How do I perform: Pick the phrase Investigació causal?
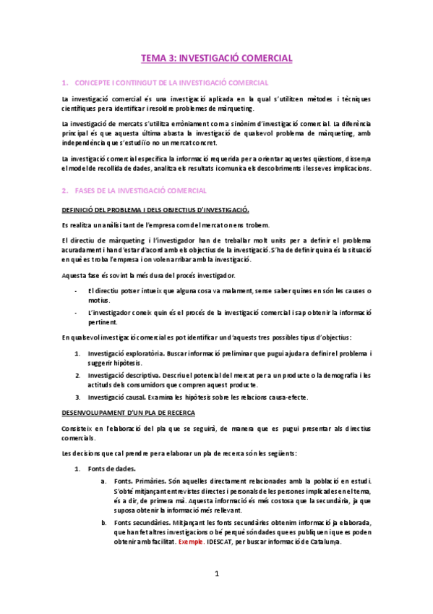(115, 398)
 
